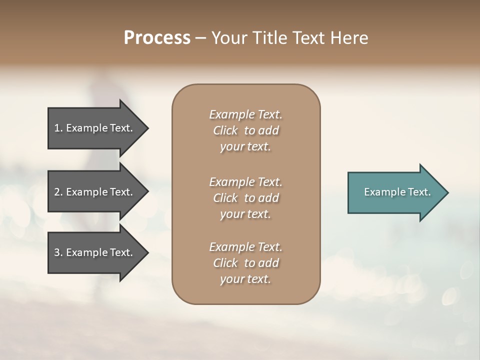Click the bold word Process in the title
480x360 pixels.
pyautogui.click(x=157, y=38)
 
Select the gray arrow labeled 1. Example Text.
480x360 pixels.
pyautogui.click(x=95, y=128)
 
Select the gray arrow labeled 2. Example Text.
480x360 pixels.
pyautogui.click(x=95, y=192)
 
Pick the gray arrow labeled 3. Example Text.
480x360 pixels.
pyautogui.click(x=95, y=252)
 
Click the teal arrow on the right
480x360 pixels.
pyautogui.click(x=395, y=192)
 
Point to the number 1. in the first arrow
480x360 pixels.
pyautogui.click(x=58, y=128)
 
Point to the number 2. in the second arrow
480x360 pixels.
pyautogui.click(x=58, y=192)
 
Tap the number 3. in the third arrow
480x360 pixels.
pyautogui.click(x=58, y=252)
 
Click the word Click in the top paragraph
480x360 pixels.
pyautogui.click(x=225, y=131)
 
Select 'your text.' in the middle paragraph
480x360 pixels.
pyautogui.click(x=245, y=214)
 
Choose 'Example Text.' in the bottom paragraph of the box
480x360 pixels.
pyautogui.click(x=245, y=247)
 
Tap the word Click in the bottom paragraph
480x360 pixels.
pyautogui.click(x=225, y=263)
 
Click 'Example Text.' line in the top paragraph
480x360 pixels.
pyautogui.click(x=245, y=114)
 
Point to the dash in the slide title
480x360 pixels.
pyautogui.click(x=201, y=38)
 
